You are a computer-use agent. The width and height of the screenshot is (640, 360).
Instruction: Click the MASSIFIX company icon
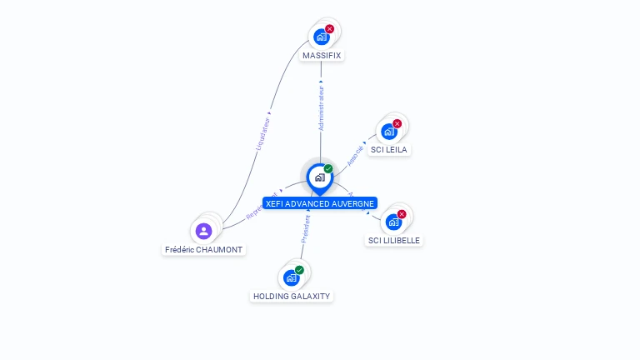point(321,37)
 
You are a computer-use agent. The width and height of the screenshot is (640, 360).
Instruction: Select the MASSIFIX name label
point(322,55)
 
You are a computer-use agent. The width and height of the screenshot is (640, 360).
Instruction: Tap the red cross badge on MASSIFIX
point(329,29)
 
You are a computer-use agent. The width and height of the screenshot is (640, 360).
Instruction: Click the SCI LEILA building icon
point(388,131)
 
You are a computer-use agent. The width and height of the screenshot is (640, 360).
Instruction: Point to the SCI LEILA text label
point(389,149)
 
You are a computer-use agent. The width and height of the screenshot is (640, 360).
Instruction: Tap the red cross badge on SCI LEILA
point(397,123)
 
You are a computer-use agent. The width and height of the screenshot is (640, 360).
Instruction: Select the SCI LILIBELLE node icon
point(393,222)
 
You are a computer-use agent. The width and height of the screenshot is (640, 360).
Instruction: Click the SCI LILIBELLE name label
point(394,240)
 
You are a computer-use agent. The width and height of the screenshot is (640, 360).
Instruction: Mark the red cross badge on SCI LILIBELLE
point(402,214)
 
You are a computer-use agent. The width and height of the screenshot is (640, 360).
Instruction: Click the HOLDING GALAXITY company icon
point(291,277)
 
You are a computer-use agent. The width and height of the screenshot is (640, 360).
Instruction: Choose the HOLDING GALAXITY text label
point(292,296)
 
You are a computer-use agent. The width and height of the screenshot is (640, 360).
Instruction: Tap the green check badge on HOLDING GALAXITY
point(299,270)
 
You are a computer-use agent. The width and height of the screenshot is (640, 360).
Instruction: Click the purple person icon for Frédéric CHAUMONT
point(203,231)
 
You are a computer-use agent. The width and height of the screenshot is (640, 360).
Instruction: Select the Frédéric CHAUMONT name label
point(204,249)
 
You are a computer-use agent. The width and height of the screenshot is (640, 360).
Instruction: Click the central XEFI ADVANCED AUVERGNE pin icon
point(320,177)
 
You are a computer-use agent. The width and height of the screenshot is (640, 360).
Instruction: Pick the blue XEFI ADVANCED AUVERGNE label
point(320,203)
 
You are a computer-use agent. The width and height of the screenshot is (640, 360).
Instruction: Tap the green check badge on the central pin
point(328,169)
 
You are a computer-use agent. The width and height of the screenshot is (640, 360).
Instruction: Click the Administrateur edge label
point(321,107)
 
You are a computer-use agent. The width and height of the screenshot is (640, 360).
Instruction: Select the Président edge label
point(305,228)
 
